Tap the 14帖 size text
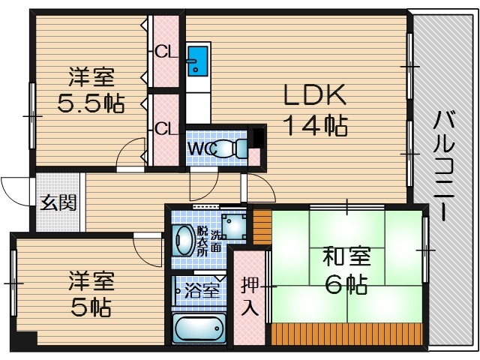[x=314, y=126]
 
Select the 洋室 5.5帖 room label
[x=91, y=89]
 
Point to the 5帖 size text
[x=91, y=305]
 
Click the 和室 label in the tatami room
[x=346, y=256]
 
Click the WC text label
[x=199, y=148]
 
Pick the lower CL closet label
[x=165, y=127]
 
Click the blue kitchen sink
[x=197, y=61]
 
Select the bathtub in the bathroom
[x=199, y=328]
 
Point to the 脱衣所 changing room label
[x=202, y=240]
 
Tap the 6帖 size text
[x=346, y=284]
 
